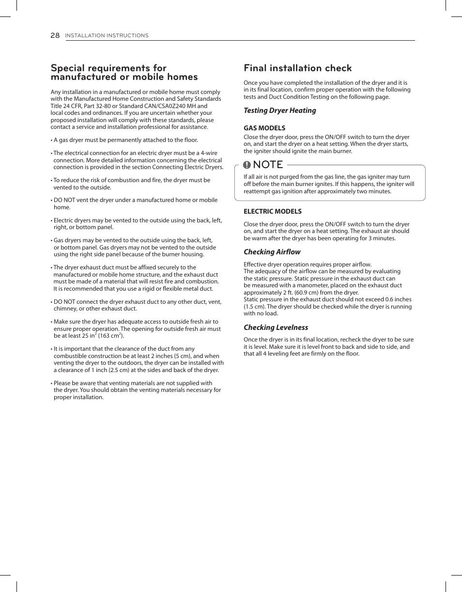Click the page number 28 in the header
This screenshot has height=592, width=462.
(x=55, y=35)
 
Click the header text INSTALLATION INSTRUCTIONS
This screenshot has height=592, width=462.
(x=107, y=35)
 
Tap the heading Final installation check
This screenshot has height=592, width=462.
(x=297, y=68)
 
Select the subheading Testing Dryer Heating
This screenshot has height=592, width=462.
(x=279, y=110)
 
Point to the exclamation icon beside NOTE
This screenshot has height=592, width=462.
(x=247, y=165)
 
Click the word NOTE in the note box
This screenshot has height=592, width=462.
(x=268, y=165)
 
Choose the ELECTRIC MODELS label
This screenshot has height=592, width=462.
(x=272, y=211)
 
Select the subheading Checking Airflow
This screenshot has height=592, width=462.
(x=272, y=252)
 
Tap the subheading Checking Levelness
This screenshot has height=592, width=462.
(x=276, y=327)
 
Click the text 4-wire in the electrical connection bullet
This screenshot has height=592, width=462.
(x=209, y=153)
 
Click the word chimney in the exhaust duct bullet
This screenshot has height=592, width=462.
(x=65, y=309)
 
